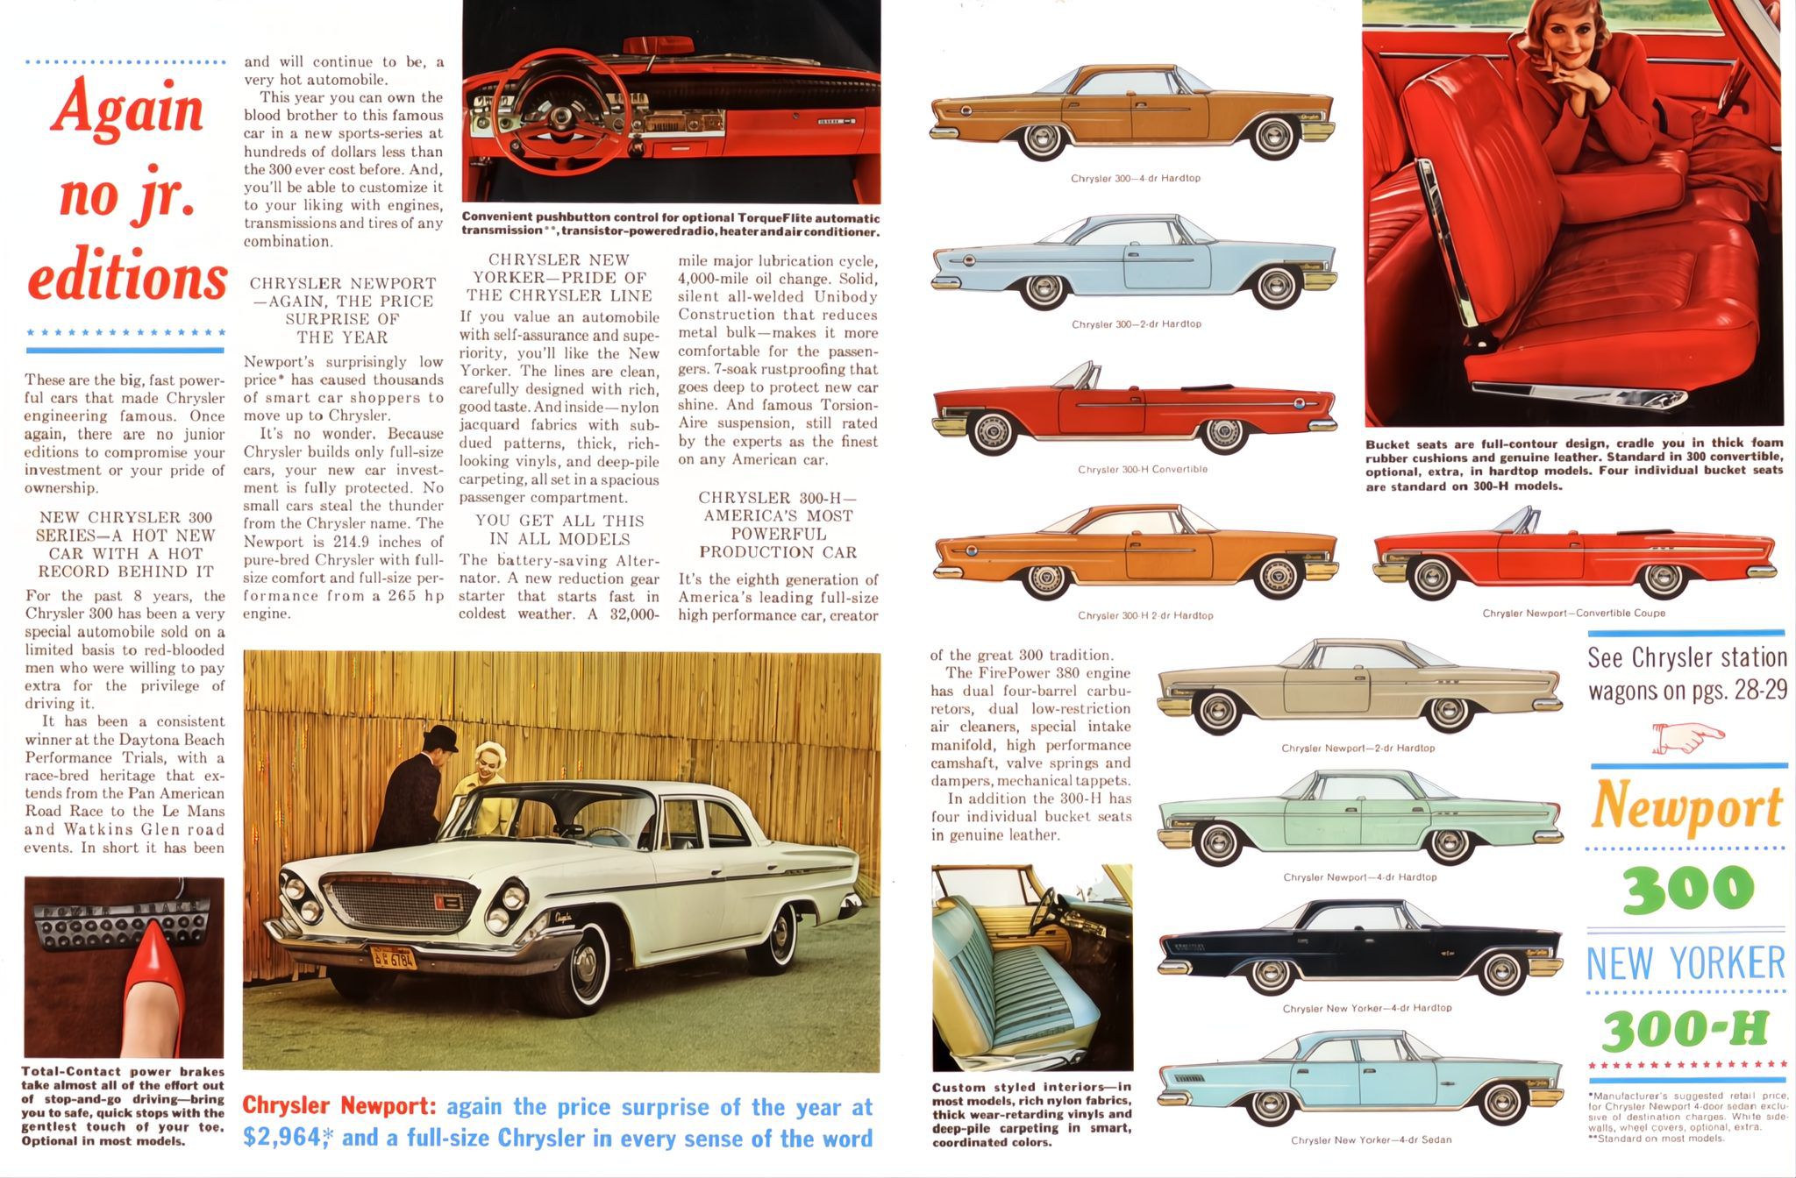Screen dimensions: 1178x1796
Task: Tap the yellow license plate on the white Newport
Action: (x=392, y=957)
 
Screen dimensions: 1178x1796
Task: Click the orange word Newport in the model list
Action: (x=1686, y=806)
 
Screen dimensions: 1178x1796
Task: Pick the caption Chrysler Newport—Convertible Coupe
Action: (x=1573, y=614)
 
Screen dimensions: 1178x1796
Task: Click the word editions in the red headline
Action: (x=128, y=278)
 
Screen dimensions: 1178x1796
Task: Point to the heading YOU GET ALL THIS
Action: (x=559, y=521)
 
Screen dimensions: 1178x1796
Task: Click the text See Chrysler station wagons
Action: (x=1686, y=674)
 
